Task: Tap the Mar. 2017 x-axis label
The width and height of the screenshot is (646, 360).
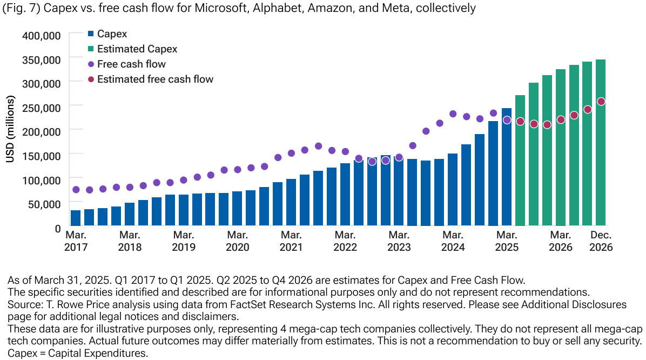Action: tap(76, 241)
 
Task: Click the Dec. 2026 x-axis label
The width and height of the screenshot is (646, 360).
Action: tap(601, 241)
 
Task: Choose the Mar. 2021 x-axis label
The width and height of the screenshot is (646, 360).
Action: tap(291, 241)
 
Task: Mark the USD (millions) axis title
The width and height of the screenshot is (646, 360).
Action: tap(10, 130)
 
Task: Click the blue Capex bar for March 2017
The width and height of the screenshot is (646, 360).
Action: tap(76, 218)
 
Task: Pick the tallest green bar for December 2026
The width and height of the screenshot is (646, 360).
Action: tap(601, 143)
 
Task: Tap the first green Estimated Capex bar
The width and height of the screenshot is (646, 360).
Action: tap(520, 160)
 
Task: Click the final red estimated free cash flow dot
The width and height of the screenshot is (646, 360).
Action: tap(601, 102)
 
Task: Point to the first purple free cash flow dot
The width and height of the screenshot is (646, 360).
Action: tap(76, 190)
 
